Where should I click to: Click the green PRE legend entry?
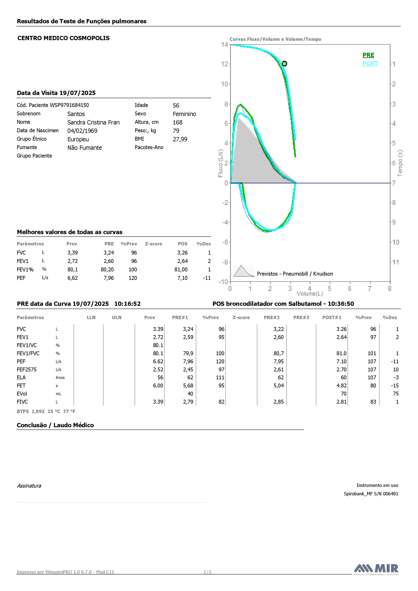(368, 55)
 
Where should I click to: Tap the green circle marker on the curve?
(284, 64)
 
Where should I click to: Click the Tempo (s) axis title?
(400, 163)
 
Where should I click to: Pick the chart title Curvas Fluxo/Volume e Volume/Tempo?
(275, 39)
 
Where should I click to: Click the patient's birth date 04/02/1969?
(82, 131)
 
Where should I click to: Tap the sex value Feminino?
(184, 114)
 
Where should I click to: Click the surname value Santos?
(76, 114)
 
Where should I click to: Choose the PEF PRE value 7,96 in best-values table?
(109, 278)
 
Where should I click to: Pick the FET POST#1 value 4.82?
(342, 386)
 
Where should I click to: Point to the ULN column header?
(117, 317)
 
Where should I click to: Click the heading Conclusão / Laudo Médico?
(55, 425)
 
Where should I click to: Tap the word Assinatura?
(29, 486)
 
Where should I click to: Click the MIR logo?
(376, 569)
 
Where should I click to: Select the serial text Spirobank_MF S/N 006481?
(371, 494)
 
